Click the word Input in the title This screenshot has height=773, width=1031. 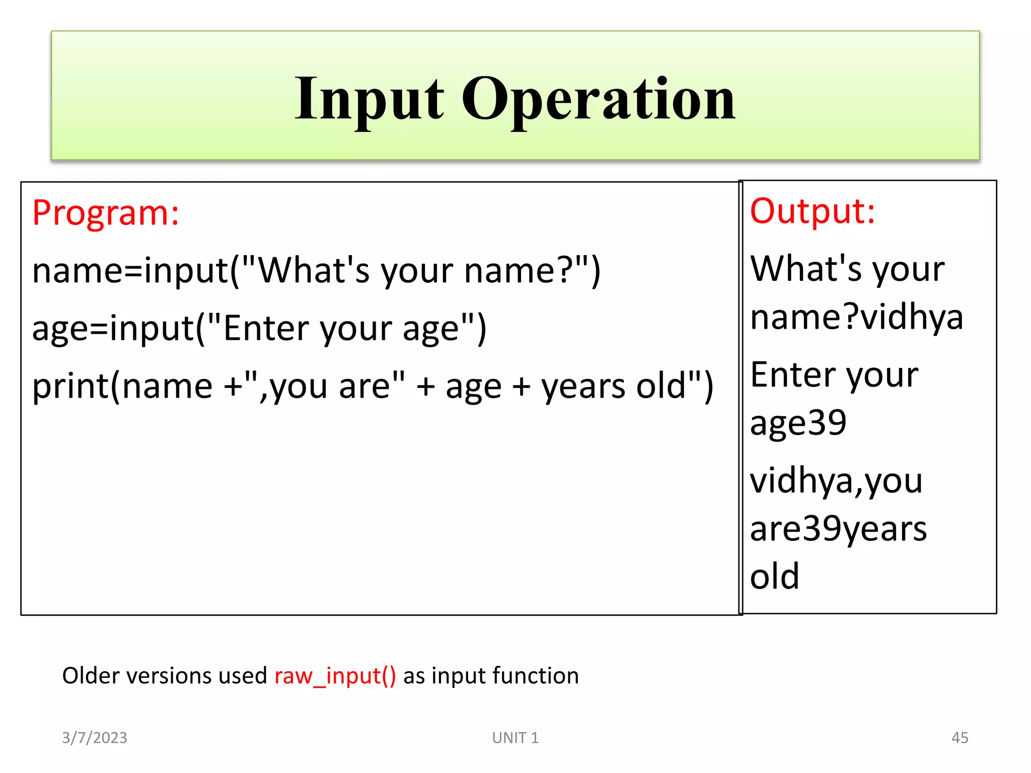369,99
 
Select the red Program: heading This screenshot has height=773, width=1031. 106,213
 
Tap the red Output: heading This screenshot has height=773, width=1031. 812,211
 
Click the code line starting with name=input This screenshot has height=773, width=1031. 316,271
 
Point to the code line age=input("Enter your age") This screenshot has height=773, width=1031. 259,329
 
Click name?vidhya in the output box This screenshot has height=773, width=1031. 856,318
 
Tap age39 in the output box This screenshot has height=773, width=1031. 798,423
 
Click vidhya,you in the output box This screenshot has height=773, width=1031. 836,481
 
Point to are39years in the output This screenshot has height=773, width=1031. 838,529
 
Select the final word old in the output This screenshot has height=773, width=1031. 774,576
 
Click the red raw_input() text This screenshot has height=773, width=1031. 335,676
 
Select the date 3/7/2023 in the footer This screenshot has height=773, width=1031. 95,738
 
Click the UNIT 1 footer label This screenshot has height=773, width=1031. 515,738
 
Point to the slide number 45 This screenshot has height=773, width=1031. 960,738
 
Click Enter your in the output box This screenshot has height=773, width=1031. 834,375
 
